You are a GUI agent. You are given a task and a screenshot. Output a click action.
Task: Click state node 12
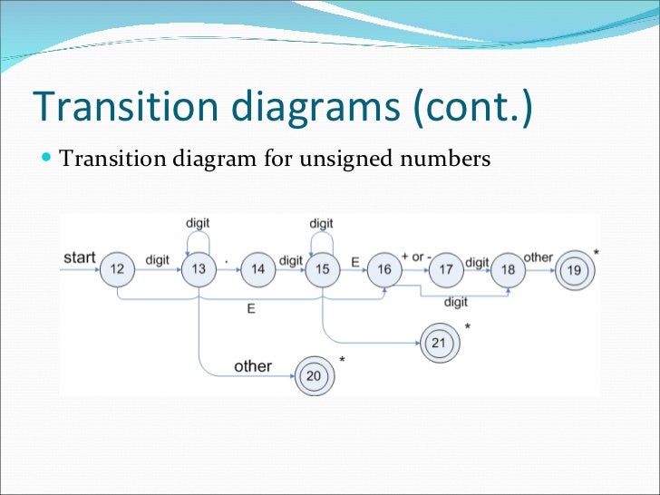point(117,269)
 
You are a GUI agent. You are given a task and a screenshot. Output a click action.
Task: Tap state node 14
point(258,269)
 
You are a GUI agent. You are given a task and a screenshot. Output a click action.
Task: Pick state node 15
point(321,269)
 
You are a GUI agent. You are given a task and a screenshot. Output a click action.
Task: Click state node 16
point(384,269)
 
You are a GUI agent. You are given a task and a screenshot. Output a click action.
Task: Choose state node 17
point(445,269)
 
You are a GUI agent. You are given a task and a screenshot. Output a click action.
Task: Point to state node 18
point(507,269)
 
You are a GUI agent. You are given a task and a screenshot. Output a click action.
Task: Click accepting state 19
point(574,269)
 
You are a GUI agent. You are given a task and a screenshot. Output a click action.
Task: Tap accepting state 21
point(439,342)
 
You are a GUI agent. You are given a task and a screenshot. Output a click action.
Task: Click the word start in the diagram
point(79,257)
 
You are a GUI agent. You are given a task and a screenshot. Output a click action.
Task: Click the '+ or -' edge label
point(417,257)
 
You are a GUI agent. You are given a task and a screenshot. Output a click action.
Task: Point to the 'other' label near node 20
point(253,366)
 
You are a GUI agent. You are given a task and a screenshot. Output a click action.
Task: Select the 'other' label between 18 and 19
point(538,257)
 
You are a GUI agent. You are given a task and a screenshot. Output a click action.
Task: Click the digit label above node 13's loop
point(198,222)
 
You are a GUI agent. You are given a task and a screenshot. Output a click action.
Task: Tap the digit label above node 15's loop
point(321,223)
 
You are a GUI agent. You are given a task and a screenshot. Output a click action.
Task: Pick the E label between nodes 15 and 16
point(355,261)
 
